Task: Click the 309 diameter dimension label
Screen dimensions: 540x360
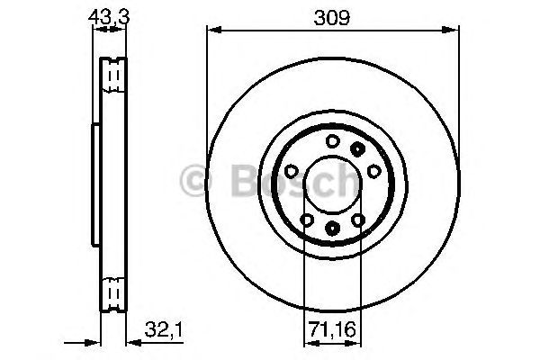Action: click(x=331, y=17)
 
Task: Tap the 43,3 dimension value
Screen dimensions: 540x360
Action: click(x=109, y=16)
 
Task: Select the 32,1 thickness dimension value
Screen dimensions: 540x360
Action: click(x=163, y=329)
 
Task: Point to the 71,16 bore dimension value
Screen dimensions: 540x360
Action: click(x=331, y=329)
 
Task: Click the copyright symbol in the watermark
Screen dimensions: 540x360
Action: click(x=195, y=180)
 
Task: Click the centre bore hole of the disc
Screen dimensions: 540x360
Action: click(x=333, y=184)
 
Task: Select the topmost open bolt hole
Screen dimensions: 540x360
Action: click(x=333, y=141)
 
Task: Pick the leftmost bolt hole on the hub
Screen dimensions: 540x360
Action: click(x=292, y=170)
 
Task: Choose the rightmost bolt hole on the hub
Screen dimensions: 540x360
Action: click(x=374, y=171)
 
